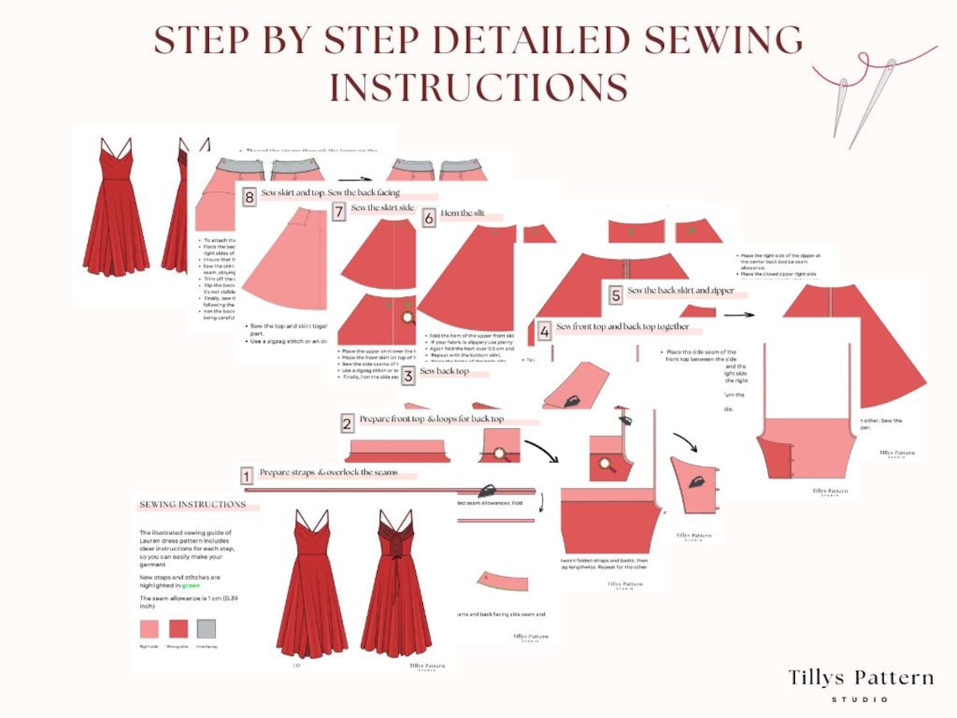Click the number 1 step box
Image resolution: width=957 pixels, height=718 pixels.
pyautogui.click(x=247, y=476)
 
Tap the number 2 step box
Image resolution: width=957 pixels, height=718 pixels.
pyautogui.click(x=347, y=423)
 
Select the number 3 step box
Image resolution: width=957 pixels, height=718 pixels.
pyautogui.click(x=408, y=375)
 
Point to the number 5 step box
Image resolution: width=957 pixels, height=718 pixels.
pyautogui.click(x=615, y=295)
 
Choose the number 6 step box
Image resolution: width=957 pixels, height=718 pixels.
pyautogui.click(x=429, y=218)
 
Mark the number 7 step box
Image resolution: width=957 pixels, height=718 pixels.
pyautogui.click(x=338, y=212)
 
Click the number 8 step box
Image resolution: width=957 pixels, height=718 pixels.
pyautogui.click(x=249, y=198)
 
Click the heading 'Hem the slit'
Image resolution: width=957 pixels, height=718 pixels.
pyautogui.click(x=463, y=214)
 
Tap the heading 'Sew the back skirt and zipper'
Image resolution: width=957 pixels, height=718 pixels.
pyautogui.click(x=681, y=291)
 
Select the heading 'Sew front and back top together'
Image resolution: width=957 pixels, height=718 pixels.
pyautogui.click(x=622, y=327)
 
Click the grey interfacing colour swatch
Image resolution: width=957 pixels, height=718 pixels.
pyautogui.click(x=206, y=629)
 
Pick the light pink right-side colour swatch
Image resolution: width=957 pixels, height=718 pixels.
pyautogui.click(x=149, y=629)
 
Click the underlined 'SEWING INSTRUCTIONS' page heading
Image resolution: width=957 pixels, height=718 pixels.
pyautogui.click(x=193, y=505)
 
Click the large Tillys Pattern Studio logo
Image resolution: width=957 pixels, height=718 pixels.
pyautogui.click(x=860, y=684)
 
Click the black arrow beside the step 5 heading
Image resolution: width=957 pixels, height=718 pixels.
pyautogui.click(x=739, y=315)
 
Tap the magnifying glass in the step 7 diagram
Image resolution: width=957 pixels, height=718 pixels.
pyautogui.click(x=408, y=317)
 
